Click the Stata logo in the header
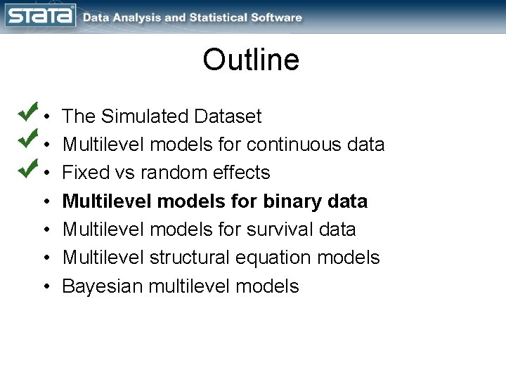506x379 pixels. pos(41,15)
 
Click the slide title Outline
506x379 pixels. pos(251,60)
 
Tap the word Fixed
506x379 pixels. pos(82,173)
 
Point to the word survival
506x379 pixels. pos(279,230)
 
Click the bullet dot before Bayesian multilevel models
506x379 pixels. pos(46,287)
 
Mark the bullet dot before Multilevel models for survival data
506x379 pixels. pos(46,230)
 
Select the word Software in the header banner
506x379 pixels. pos(278,18)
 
